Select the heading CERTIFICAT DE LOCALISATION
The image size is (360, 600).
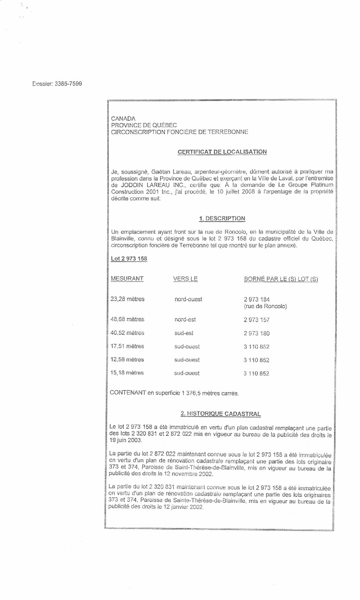coord(222,152)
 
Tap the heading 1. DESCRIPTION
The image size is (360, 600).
coord(222,218)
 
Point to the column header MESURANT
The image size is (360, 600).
coord(127,279)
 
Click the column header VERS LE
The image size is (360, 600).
coord(185,279)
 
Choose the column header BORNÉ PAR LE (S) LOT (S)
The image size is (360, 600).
coord(281,279)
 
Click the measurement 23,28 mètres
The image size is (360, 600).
coord(127,299)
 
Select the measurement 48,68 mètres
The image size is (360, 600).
coord(127,320)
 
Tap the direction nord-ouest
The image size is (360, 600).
coord(188,299)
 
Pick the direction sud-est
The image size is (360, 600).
coord(184,333)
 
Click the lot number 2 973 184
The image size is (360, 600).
coord(256,299)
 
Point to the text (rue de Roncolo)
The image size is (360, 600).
coord(265,306)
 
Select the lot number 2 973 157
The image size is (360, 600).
coord(256,320)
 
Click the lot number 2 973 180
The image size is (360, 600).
coord(256,334)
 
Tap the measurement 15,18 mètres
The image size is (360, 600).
coord(127,373)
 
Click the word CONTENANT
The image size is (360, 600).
coord(127,393)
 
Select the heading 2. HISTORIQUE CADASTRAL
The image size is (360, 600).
coord(221,414)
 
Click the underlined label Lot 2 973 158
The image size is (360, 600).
coord(129,259)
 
